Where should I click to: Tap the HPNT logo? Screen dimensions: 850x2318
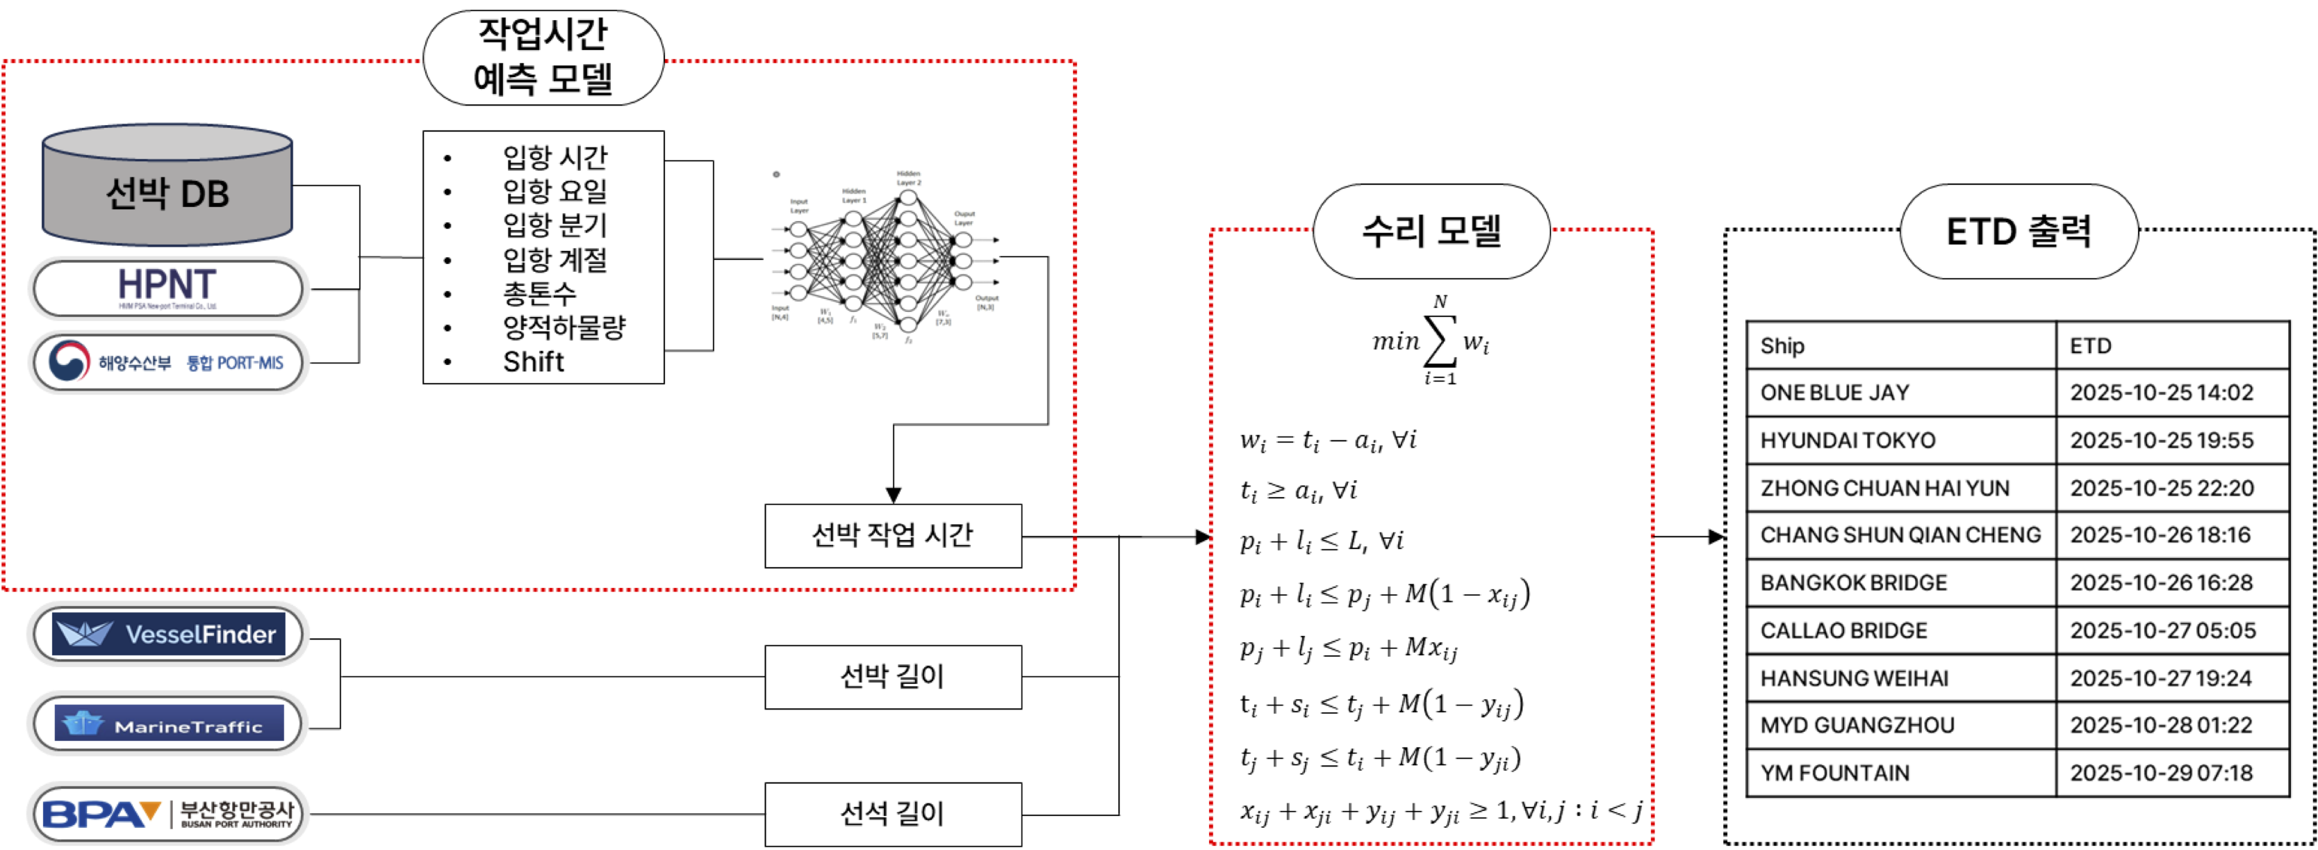(167, 288)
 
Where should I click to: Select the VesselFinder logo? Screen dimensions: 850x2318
(168, 634)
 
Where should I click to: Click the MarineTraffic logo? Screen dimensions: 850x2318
(168, 723)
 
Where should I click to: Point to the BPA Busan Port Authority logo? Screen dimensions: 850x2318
(168, 814)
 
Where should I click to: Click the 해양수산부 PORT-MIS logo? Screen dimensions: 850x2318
(168, 362)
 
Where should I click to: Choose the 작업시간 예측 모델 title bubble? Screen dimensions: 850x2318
(543, 58)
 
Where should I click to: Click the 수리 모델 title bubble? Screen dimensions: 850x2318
(1431, 231)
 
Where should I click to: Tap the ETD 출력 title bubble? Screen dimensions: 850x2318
(2019, 231)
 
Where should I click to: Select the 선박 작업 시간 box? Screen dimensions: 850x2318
(893, 536)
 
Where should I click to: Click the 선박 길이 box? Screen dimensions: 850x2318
(893, 676)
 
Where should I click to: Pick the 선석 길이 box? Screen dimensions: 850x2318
(893, 814)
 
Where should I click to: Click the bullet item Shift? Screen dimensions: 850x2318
(534, 362)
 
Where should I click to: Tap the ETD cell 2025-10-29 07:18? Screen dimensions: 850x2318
(2162, 773)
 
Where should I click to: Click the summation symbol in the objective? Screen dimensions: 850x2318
(1440, 342)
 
